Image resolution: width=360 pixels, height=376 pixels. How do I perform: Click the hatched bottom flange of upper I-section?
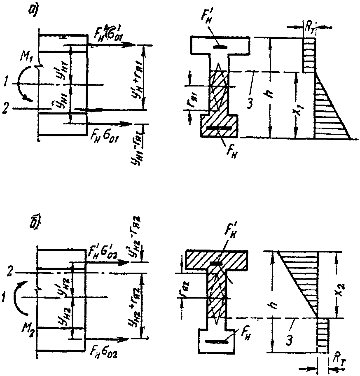[x=218, y=126]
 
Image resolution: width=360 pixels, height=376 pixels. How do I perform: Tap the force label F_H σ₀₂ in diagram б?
[x=105, y=352]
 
